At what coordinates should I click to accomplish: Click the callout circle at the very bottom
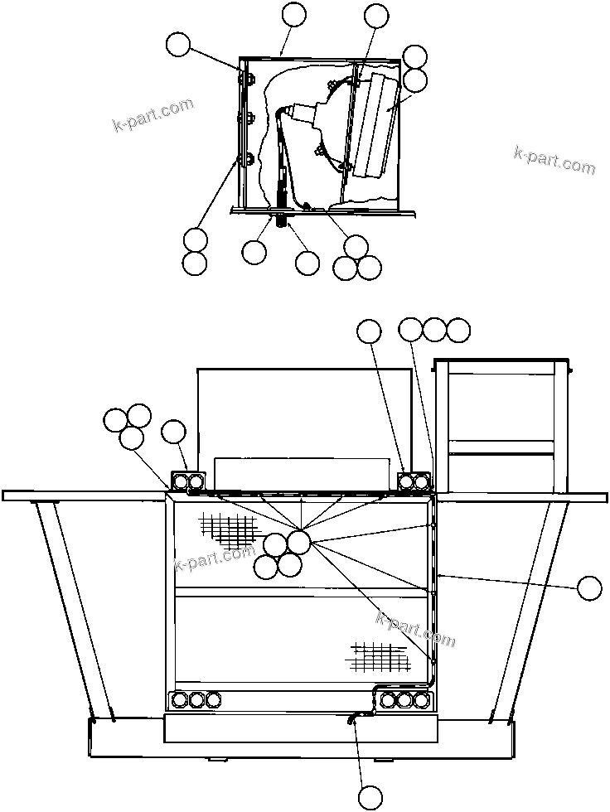pos(371,796)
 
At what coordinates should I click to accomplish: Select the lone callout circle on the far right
pos(589,587)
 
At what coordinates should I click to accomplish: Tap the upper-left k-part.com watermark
pos(152,115)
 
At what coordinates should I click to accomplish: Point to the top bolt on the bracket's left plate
pos(245,80)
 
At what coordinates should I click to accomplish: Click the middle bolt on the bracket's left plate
pos(246,118)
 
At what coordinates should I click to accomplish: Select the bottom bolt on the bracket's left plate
pos(245,158)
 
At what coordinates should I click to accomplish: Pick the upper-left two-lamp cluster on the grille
pos(188,481)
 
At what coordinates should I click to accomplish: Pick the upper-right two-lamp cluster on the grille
pos(414,481)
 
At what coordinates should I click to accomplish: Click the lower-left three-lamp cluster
pos(196,699)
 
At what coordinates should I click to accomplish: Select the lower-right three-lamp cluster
pos(404,700)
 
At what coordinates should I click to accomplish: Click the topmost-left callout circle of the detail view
pos(177,45)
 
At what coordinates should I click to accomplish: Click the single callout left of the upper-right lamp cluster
pos(369,331)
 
